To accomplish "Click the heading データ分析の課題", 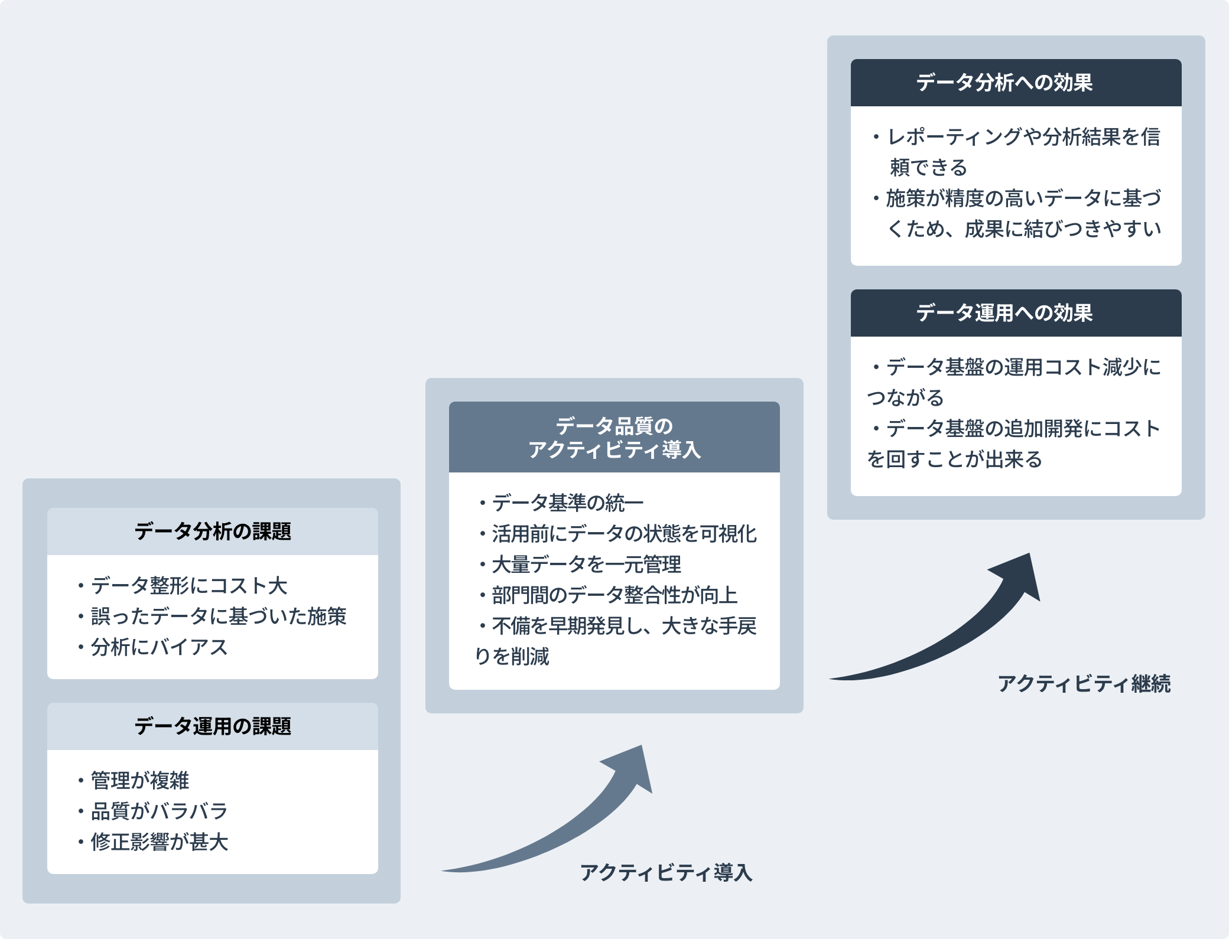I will [x=213, y=532].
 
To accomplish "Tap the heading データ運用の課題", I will [x=213, y=726].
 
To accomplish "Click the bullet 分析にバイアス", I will [x=159, y=647].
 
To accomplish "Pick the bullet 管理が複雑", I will [x=140, y=781].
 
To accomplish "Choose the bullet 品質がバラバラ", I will [x=159, y=811].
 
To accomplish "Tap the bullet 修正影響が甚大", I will [x=159, y=842].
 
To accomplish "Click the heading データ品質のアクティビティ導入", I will [x=614, y=438].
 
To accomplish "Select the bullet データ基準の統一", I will [x=567, y=503].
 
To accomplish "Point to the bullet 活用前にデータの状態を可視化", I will [x=624, y=534].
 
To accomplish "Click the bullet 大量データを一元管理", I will [x=586, y=565].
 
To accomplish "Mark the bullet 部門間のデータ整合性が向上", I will [x=614, y=595].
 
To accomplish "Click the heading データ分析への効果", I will [x=1004, y=83].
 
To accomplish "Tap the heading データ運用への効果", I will [x=1004, y=313].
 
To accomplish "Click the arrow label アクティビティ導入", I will [x=666, y=872].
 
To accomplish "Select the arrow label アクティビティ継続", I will [x=1084, y=684].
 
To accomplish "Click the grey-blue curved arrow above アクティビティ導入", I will [x=567, y=827].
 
